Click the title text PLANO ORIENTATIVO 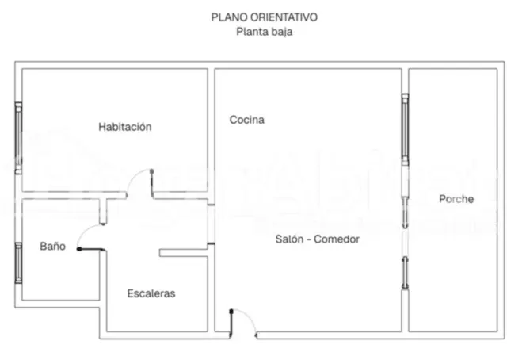tap(264, 17)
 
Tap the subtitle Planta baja tap(264, 32)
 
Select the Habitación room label tap(125, 127)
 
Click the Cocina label tap(246, 120)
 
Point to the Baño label tap(53, 246)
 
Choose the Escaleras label tap(151, 293)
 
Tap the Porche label tap(456, 199)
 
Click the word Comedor tap(337, 239)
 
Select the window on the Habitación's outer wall tap(18, 138)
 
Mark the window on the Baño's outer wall tap(18, 263)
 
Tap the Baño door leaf tap(90, 249)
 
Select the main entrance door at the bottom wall tap(243, 323)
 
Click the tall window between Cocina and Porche tap(405, 129)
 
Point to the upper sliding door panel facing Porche tap(405, 212)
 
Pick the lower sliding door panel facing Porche tap(405, 273)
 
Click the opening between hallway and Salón tap(211, 224)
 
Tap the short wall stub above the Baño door tap(103, 211)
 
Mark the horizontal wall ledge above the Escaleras tap(183, 253)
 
